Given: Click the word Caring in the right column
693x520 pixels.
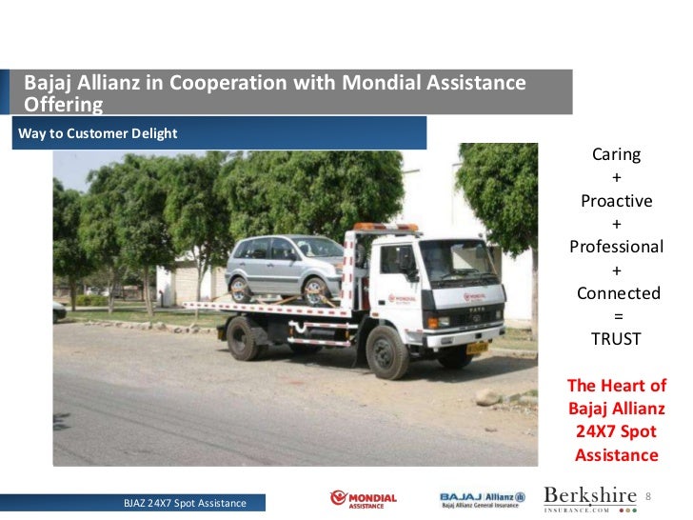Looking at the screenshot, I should [x=616, y=154].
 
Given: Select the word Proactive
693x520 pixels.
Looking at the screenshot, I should [x=616, y=201].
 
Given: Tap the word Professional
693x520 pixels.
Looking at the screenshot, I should [x=616, y=247].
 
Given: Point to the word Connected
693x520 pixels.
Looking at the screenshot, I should [x=618, y=292].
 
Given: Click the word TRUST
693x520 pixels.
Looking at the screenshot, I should [x=616, y=338].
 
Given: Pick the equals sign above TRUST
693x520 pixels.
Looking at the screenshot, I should [x=616, y=315].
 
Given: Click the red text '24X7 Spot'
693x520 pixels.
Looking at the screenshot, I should [x=616, y=432].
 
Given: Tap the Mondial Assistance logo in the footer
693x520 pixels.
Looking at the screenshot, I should [x=363, y=499].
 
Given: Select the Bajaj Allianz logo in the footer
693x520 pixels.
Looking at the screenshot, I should [x=483, y=499].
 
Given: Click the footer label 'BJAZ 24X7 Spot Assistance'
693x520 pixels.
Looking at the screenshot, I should [x=185, y=503].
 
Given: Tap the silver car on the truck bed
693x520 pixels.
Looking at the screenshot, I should [x=283, y=270].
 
